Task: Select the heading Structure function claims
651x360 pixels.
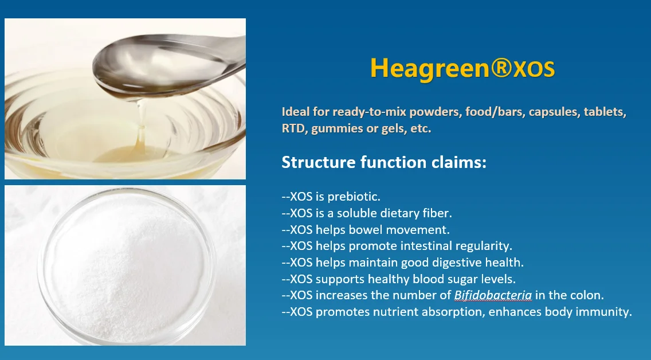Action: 384,162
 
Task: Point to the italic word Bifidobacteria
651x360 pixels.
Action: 493,295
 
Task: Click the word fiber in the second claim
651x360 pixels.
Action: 438,213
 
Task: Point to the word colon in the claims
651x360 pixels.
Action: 587,295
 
